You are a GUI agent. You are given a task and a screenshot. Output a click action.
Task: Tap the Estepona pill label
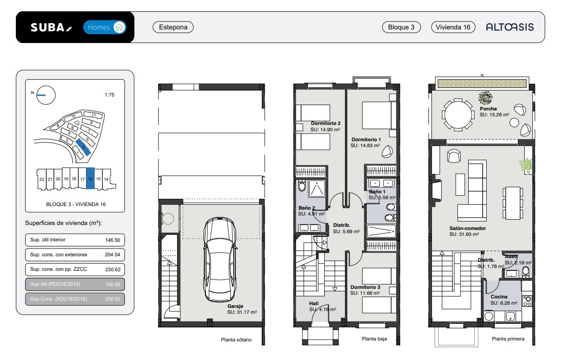click(x=173, y=27)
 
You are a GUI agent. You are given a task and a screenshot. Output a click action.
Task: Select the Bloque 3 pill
click(x=401, y=27)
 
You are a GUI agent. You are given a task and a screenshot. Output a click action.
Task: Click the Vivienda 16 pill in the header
click(x=453, y=27)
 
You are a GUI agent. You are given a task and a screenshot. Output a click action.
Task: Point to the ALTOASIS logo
click(x=510, y=27)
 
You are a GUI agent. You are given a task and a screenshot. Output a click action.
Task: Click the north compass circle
click(x=46, y=95)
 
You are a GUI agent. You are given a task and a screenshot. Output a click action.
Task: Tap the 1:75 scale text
click(x=110, y=95)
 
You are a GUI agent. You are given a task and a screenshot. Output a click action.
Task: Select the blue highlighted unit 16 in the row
click(x=90, y=178)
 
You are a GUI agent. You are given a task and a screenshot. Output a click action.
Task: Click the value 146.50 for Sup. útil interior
click(x=112, y=240)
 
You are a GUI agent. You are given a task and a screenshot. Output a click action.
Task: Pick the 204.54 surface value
click(x=112, y=254)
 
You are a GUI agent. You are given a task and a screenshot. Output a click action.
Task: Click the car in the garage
click(x=220, y=259)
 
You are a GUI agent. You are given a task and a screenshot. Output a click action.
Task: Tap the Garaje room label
click(x=235, y=306)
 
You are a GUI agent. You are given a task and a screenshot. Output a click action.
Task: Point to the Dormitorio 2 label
click(x=326, y=123)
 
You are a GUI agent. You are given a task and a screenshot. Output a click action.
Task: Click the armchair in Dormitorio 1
click(x=387, y=152)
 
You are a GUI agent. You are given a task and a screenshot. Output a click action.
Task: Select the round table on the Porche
click(x=458, y=115)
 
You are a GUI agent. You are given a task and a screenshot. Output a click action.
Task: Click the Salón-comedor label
click(x=467, y=228)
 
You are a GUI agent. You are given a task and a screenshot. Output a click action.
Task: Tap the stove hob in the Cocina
click(x=527, y=301)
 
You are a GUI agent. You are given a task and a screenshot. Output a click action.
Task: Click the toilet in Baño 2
click(x=302, y=186)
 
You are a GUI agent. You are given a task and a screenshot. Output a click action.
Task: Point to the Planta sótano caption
click(x=236, y=340)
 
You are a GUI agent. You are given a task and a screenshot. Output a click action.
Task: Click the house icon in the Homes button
click(x=120, y=27)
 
